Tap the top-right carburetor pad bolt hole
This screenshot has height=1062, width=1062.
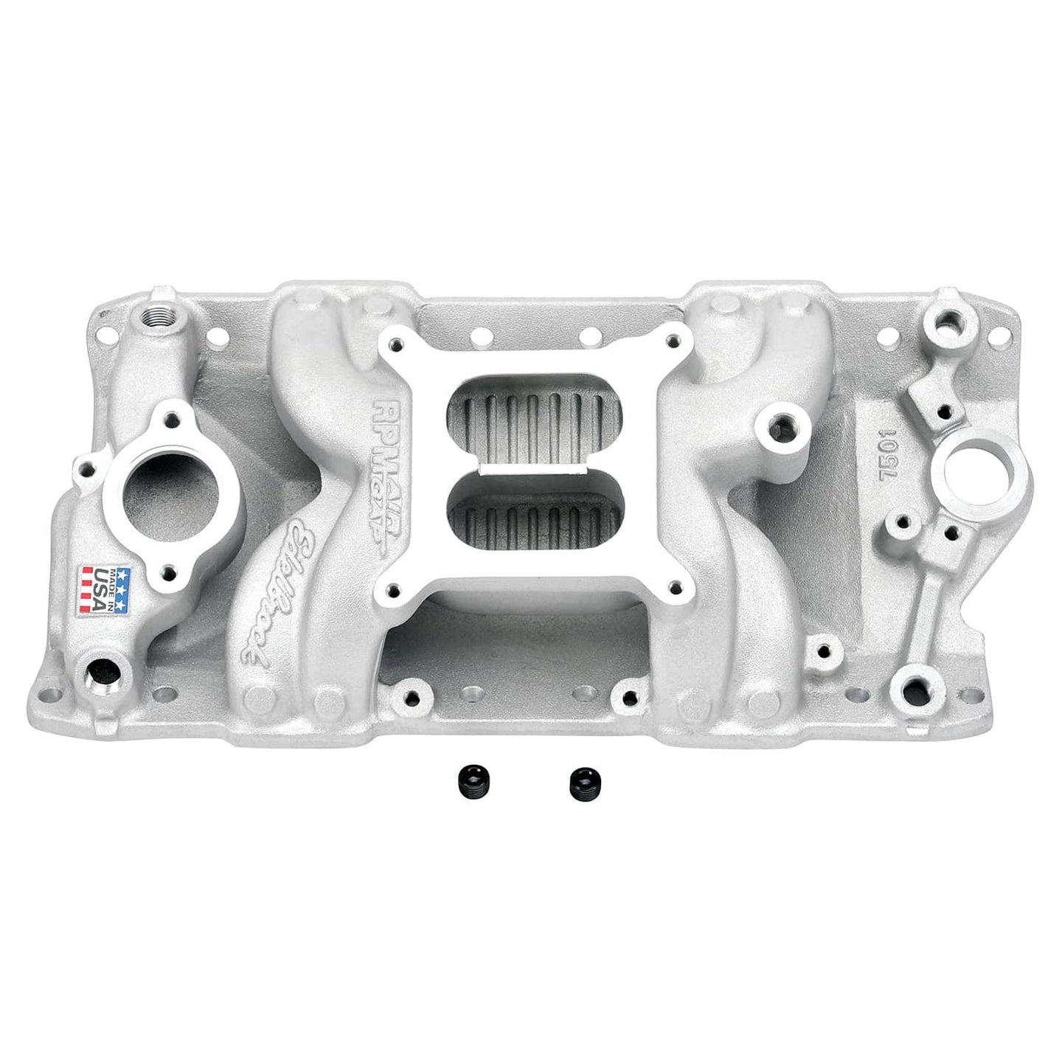(670, 341)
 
